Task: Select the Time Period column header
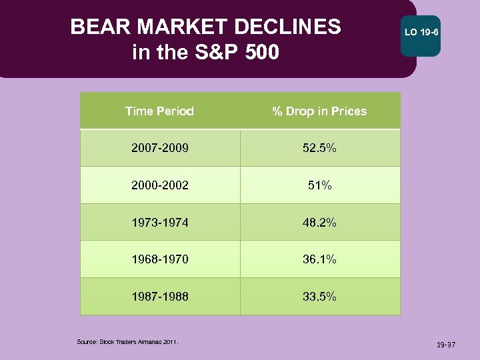click(x=159, y=111)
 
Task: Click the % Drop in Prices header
click(x=319, y=111)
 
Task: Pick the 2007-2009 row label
click(x=159, y=148)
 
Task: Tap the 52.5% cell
click(x=319, y=148)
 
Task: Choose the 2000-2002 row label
click(x=159, y=185)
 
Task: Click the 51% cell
click(x=319, y=185)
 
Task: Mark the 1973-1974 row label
click(x=159, y=223)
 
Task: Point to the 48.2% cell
click(x=319, y=223)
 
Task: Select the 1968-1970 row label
click(x=159, y=259)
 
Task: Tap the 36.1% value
click(x=319, y=259)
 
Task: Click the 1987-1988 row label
click(x=159, y=297)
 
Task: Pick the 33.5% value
click(x=319, y=297)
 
